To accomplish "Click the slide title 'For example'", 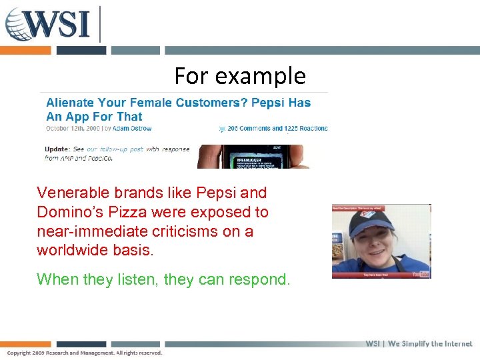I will (x=240, y=76).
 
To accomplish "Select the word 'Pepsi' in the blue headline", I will (x=269, y=103).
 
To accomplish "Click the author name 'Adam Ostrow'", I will (x=133, y=128).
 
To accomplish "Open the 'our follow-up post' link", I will (x=115, y=149).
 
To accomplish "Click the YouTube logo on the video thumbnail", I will (x=420, y=273).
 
